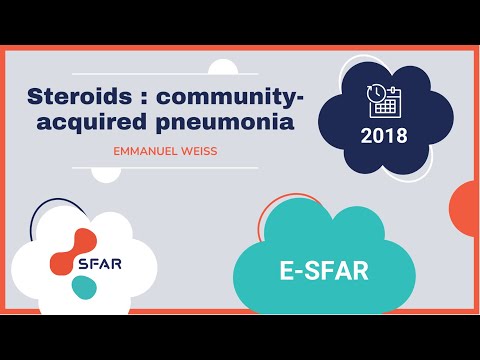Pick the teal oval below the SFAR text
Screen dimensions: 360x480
84,287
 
